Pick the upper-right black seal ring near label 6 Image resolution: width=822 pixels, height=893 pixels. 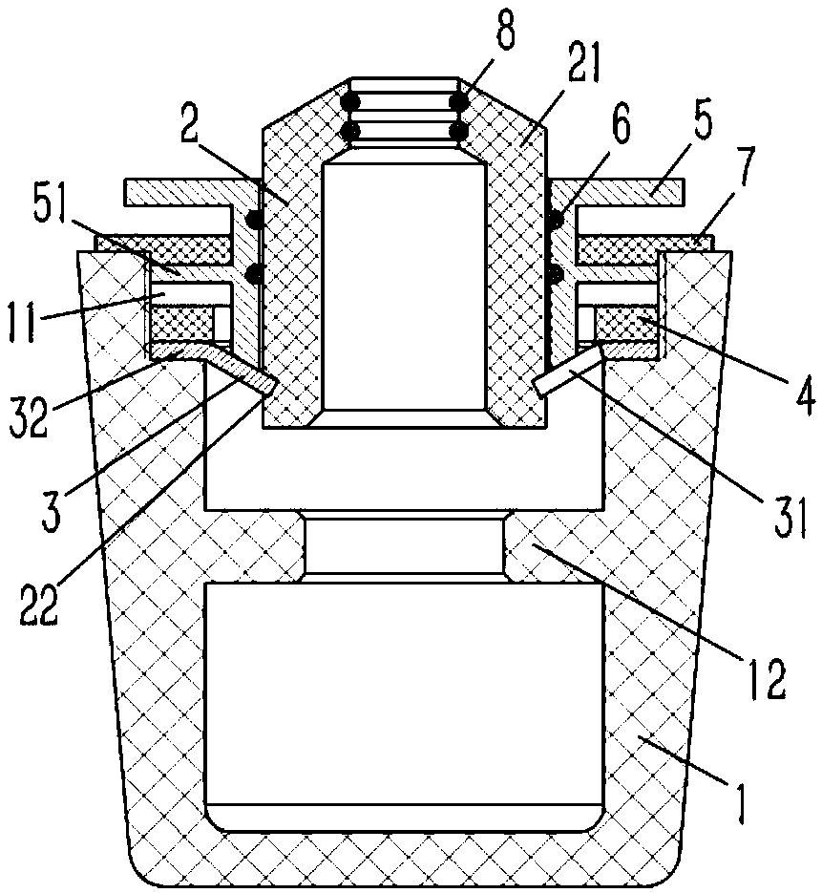click(x=554, y=222)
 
